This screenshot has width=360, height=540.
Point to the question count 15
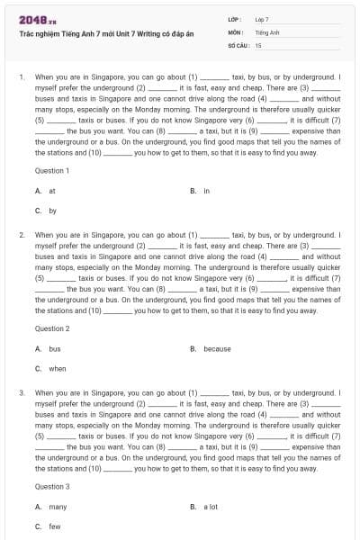(x=258, y=44)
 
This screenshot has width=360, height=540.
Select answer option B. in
(x=201, y=191)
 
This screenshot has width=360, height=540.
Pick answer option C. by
(x=47, y=211)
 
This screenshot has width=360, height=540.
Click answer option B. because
(x=211, y=348)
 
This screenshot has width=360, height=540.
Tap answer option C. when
(x=51, y=368)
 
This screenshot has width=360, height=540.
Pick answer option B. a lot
(x=206, y=507)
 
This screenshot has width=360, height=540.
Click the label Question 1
(x=51, y=170)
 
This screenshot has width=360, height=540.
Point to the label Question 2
(x=51, y=328)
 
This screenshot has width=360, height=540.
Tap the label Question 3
(x=51, y=487)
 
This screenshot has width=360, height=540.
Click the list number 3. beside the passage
(x=22, y=392)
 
